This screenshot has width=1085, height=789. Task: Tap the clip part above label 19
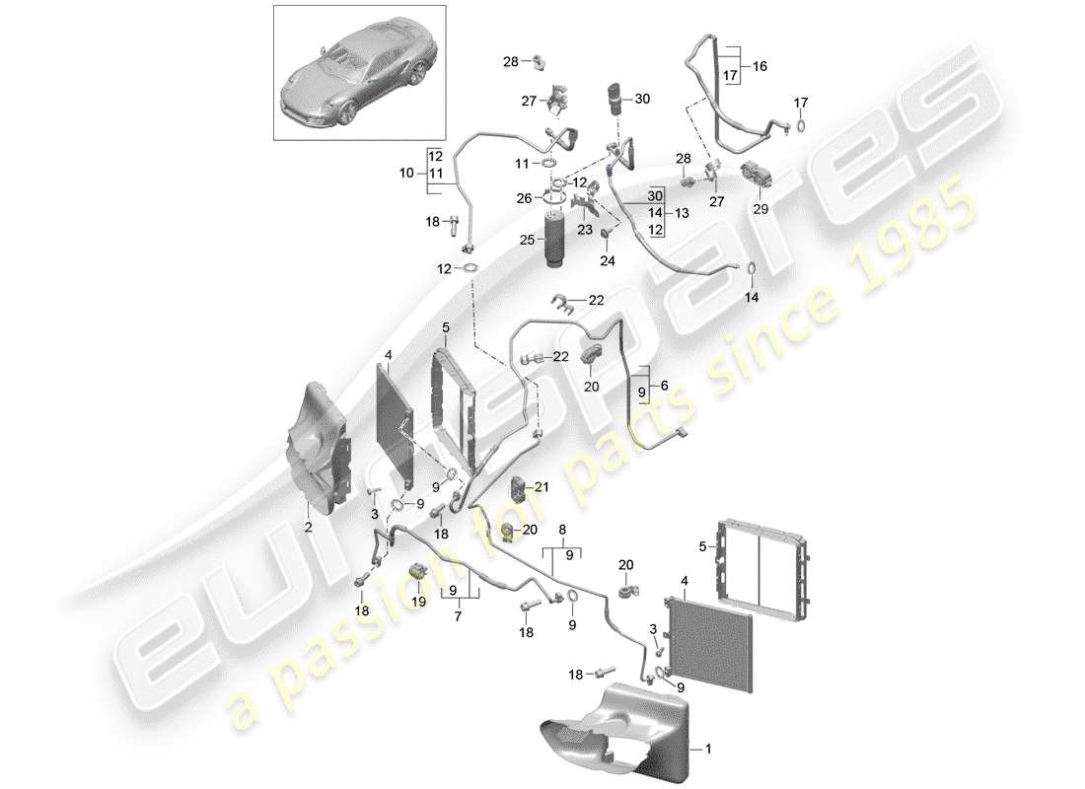coord(418,571)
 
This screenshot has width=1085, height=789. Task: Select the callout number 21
coord(542,486)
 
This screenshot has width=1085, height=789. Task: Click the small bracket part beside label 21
coord(519,486)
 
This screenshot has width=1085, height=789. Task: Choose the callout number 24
coord(606,261)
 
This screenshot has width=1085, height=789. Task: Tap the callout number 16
coord(759,67)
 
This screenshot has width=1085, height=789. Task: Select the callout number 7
coord(458,616)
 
